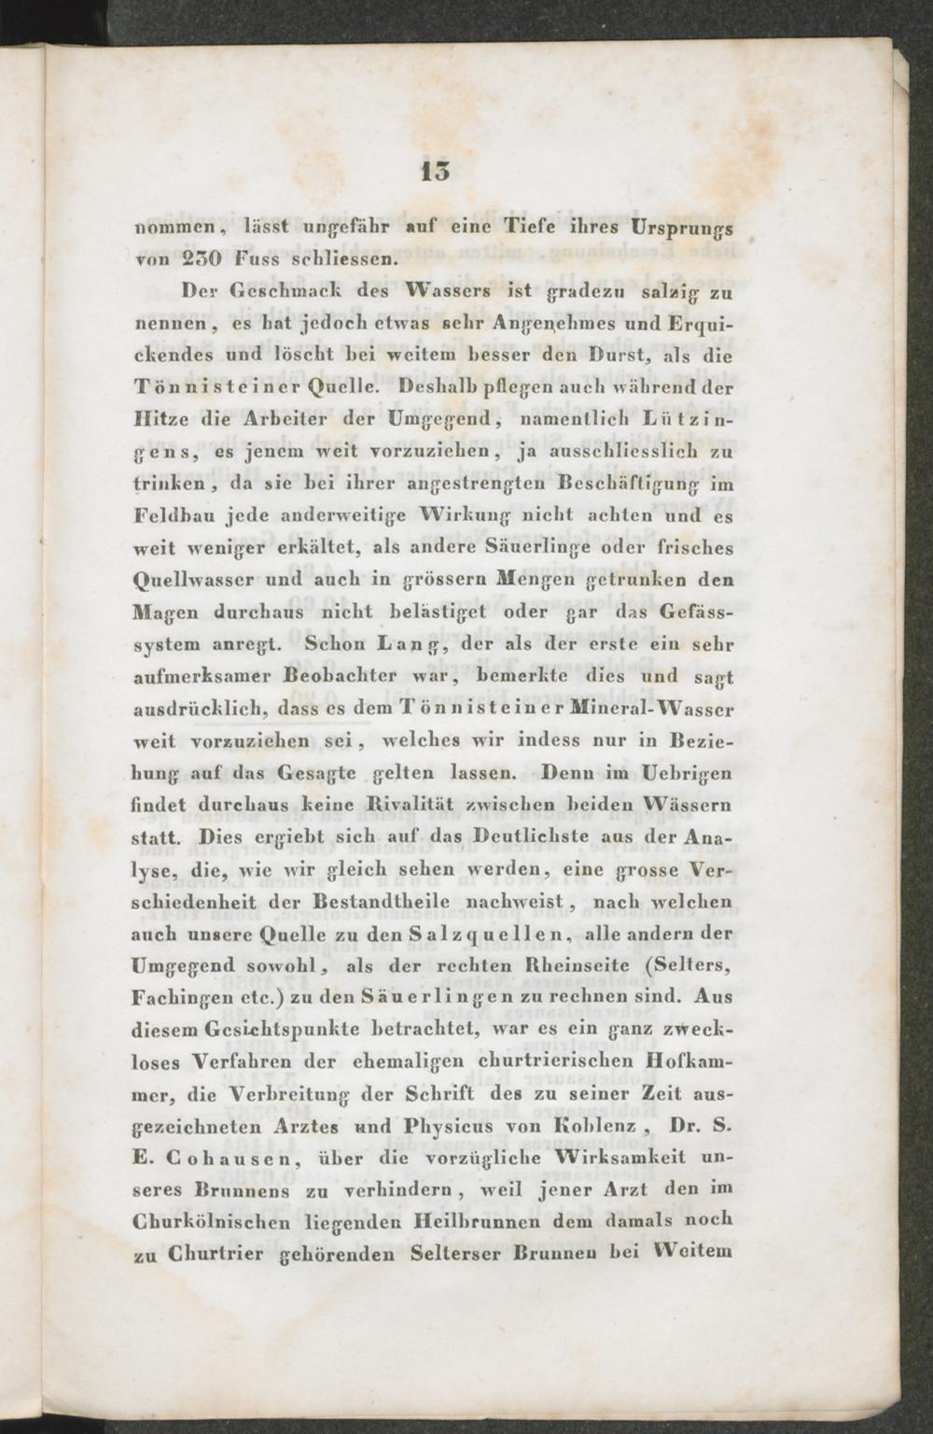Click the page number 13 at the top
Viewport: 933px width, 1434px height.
pos(436,171)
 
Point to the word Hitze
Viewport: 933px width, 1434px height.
pos(161,419)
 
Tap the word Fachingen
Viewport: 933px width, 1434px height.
pos(182,998)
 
